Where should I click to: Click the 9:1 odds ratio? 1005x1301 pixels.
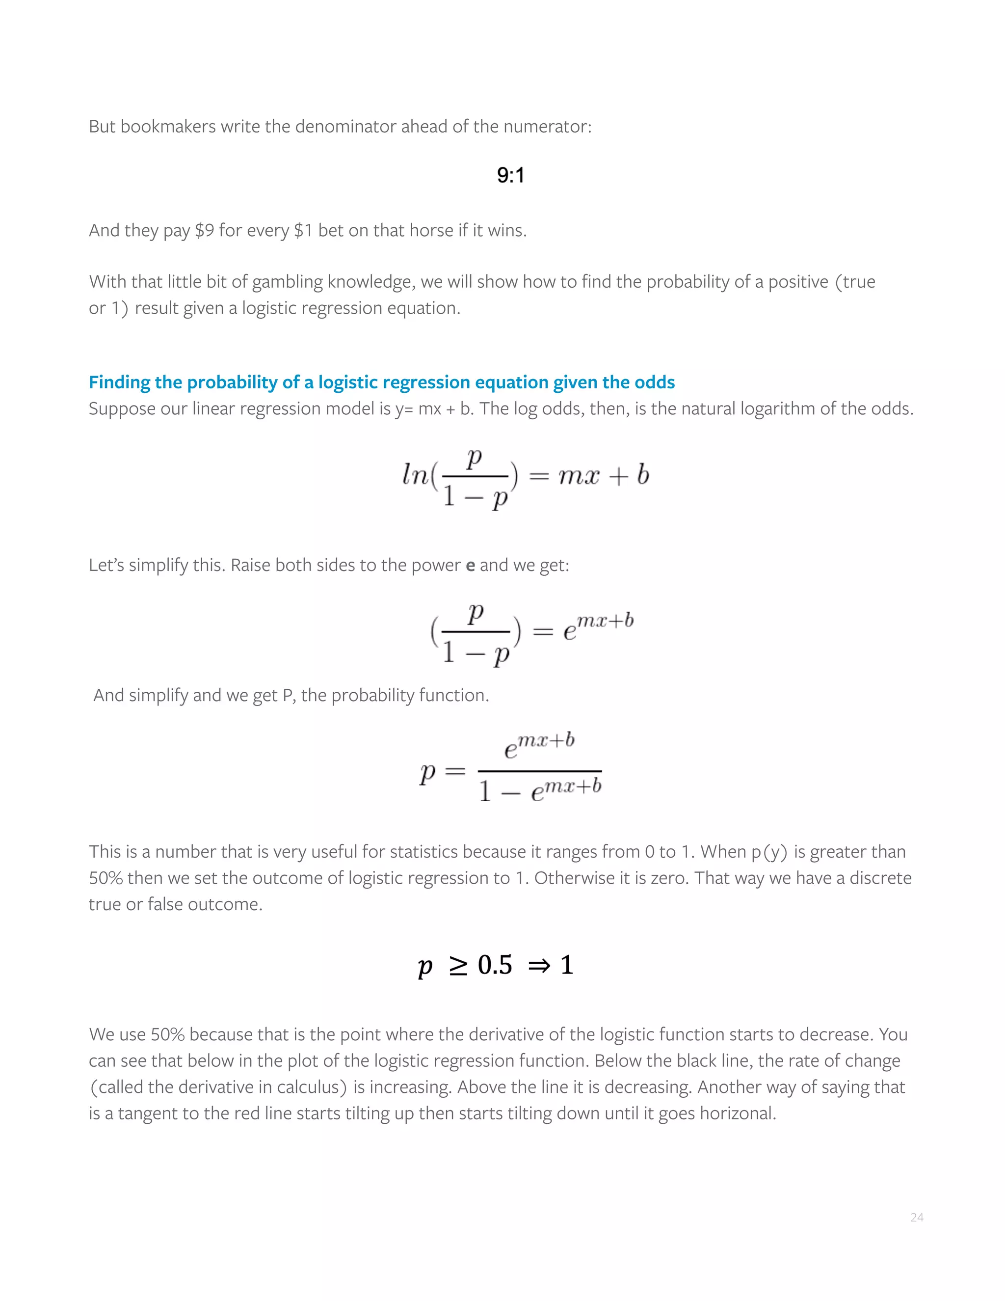510,175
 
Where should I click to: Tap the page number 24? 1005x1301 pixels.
916,1217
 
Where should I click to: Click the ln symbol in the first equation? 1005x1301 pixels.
415,475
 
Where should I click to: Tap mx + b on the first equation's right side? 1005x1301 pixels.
603,475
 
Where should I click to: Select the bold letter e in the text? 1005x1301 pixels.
470,565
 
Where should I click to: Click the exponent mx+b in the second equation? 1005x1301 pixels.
606,621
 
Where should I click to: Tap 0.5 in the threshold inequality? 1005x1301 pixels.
494,965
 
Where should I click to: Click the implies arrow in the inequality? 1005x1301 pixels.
539,966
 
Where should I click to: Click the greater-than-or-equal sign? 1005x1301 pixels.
458,966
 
